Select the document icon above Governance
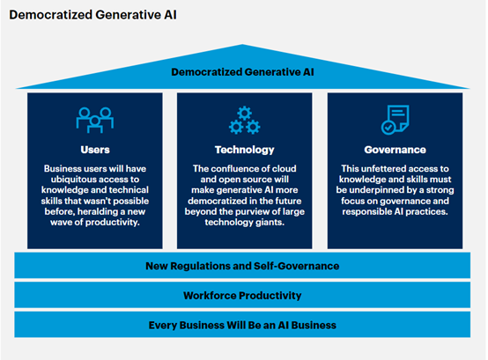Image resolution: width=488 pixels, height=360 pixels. [395, 118]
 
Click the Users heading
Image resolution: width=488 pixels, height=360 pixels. [94, 150]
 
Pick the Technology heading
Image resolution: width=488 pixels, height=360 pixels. [244, 150]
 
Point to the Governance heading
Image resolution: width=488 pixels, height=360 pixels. [395, 150]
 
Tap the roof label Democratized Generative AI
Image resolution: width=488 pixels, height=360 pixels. [244, 73]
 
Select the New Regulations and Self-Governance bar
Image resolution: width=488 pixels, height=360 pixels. [244, 266]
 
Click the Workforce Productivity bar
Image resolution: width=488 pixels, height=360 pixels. [244, 295]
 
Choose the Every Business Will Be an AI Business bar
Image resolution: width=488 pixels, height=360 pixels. [244, 326]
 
